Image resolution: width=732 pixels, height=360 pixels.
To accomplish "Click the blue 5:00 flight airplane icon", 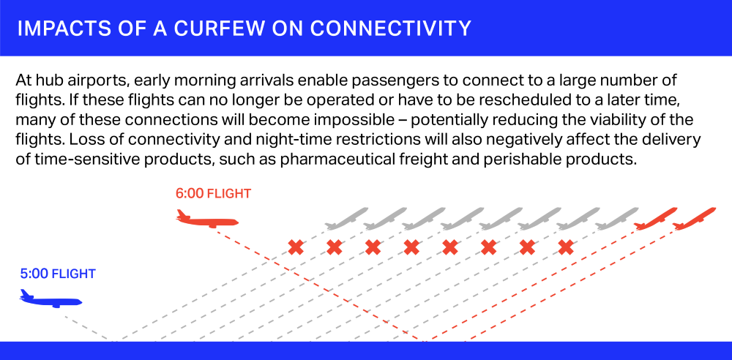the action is (51, 299).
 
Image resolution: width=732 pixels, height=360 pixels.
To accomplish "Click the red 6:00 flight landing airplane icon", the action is (207, 219).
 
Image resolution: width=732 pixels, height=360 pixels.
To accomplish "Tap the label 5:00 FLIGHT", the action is (58, 274).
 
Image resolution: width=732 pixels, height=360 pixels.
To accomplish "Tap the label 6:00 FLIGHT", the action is (213, 193).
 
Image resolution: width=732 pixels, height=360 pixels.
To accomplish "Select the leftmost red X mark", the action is (296, 247).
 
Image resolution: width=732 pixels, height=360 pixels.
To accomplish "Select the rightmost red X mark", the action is (566, 247).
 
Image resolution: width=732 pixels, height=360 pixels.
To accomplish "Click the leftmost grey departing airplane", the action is (346, 219).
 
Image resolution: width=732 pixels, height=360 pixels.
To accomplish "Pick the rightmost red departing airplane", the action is (694, 219).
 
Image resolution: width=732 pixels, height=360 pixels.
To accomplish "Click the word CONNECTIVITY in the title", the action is (390, 29).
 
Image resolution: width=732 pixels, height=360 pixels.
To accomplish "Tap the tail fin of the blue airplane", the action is (25, 293).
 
